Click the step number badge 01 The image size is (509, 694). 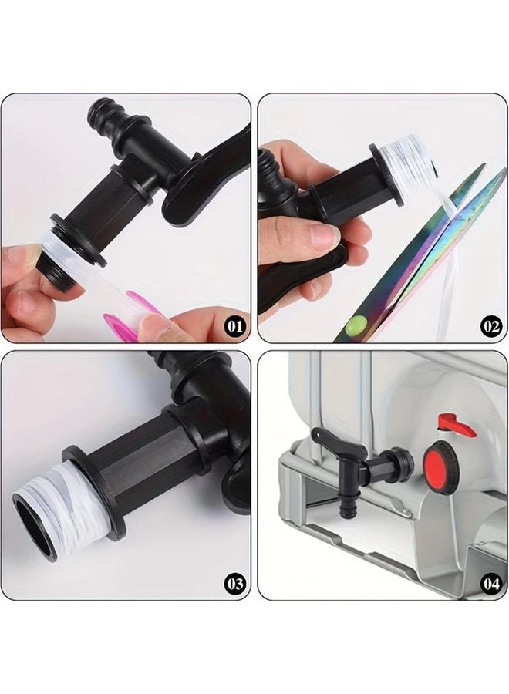(x=234, y=325)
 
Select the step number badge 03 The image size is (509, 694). (x=234, y=584)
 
